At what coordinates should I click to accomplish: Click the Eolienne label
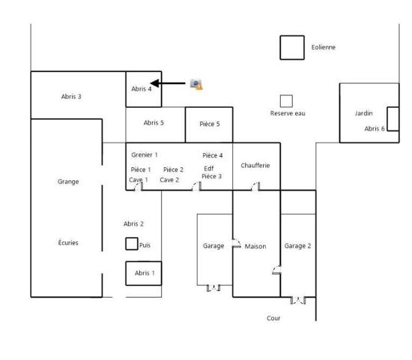point(323,47)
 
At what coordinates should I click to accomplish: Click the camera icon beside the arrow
point(196,84)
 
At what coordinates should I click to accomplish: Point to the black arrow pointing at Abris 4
point(168,83)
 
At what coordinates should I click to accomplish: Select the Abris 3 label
point(71,97)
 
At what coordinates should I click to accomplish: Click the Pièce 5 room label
point(210,124)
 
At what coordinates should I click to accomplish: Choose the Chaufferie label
point(255,165)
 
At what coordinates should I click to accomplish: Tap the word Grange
point(68,181)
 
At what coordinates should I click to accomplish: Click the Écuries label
point(68,242)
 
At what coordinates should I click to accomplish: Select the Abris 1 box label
point(145,273)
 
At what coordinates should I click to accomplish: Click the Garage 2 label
point(297,246)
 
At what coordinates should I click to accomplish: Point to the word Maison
point(255,246)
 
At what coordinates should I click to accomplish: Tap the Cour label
point(273,318)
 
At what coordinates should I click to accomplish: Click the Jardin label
point(363,113)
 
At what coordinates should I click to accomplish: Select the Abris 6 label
point(375,129)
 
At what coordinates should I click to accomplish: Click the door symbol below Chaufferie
point(255,186)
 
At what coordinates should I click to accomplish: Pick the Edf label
point(209,169)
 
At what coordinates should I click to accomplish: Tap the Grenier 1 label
point(145,154)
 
